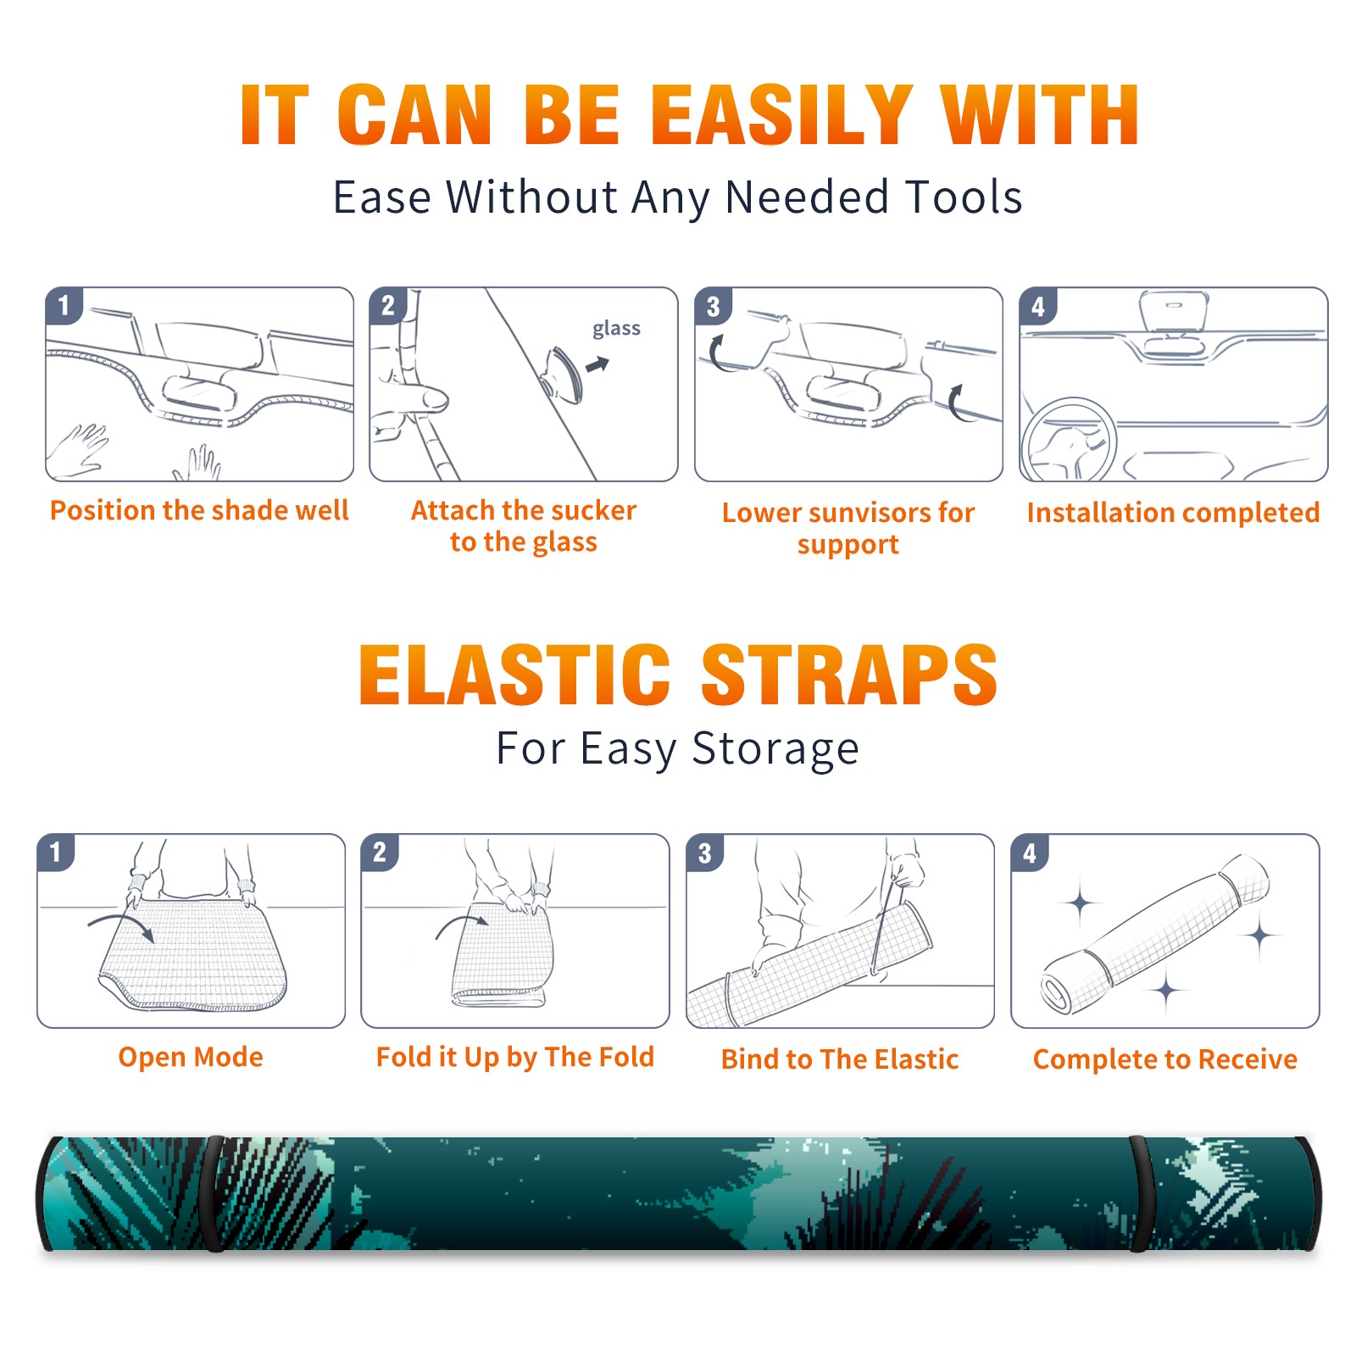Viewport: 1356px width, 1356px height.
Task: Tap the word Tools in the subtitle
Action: pos(964,197)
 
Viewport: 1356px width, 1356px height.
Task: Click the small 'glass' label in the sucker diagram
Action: pos(616,329)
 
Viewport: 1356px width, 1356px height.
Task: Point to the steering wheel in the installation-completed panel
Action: pos(1069,441)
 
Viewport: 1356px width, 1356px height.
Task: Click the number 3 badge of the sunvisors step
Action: pos(713,307)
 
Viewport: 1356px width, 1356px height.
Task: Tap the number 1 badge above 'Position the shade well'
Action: pos(64,305)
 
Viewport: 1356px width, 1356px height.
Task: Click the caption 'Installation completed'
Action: pos(1173,513)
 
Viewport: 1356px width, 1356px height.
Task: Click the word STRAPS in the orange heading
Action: pos(849,675)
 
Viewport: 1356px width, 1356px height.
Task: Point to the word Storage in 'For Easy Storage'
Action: pos(775,749)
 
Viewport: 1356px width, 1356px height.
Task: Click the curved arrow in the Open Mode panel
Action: pos(121,926)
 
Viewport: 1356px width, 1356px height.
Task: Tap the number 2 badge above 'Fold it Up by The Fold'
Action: pos(379,853)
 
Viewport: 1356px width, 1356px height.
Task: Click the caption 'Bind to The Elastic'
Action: pos(839,1059)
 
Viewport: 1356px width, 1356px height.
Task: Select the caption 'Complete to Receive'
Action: pos(1164,1059)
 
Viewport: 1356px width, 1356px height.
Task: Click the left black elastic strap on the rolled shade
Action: pos(212,1193)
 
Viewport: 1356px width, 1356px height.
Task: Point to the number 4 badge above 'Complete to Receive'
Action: pos(1030,853)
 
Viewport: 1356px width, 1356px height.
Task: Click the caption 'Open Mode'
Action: pos(191,1057)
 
